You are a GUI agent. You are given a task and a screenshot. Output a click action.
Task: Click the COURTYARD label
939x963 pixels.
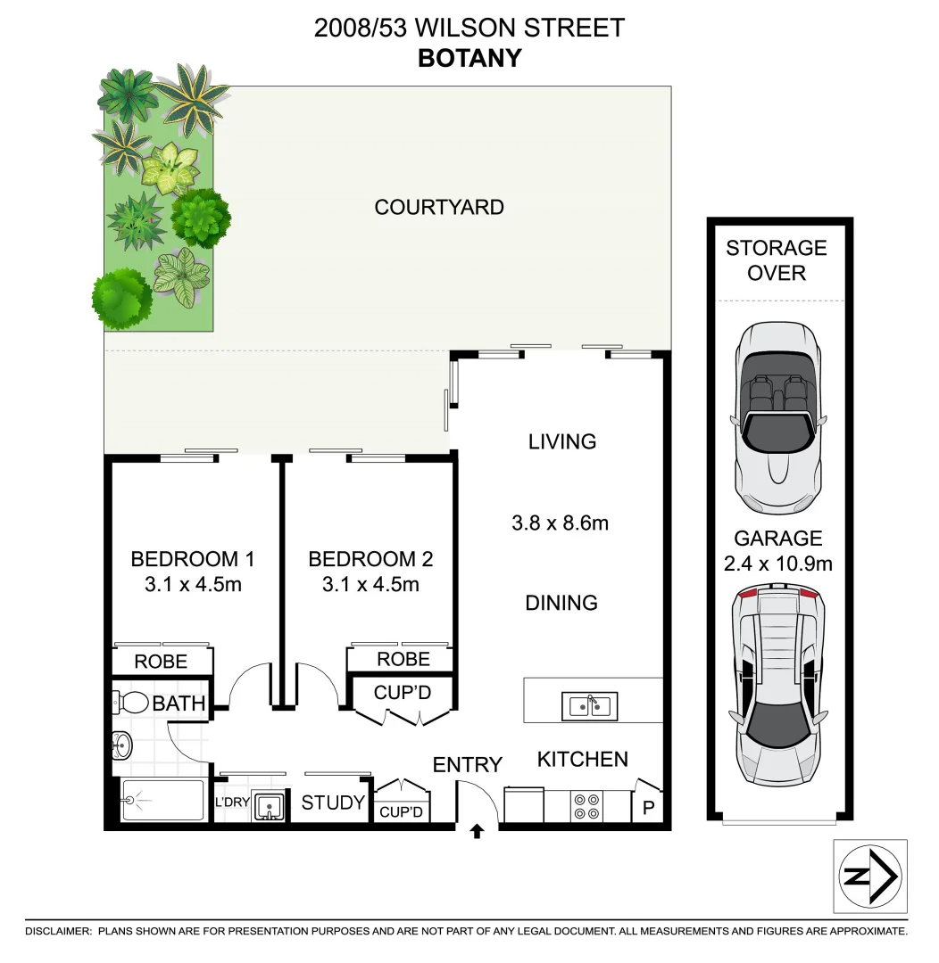439,208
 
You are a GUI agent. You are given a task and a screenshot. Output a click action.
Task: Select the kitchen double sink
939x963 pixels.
589,706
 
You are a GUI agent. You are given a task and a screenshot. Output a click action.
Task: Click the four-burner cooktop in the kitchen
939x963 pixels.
586,807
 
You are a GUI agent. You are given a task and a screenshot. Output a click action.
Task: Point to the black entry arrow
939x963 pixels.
477,831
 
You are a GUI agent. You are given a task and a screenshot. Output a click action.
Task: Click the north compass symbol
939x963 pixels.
869,876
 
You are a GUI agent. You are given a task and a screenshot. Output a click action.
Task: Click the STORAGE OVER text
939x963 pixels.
776,260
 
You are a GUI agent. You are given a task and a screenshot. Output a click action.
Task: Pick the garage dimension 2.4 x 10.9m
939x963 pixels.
777,564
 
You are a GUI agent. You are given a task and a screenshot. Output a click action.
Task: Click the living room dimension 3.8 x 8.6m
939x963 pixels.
560,523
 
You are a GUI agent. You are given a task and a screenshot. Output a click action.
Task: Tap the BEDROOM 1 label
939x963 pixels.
193,560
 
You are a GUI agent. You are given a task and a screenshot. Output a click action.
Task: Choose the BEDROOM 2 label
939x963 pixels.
370,560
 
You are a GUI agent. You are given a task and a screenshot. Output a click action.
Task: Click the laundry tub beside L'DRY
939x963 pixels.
269,807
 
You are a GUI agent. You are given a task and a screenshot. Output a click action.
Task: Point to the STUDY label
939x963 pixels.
333,803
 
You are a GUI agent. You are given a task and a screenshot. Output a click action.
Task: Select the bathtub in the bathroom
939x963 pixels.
161,801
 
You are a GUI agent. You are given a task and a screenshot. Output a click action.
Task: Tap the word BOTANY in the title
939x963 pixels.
469,58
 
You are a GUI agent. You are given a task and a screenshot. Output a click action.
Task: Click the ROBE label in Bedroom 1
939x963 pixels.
161,662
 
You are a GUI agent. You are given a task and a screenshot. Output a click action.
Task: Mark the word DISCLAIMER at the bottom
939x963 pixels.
58,931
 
